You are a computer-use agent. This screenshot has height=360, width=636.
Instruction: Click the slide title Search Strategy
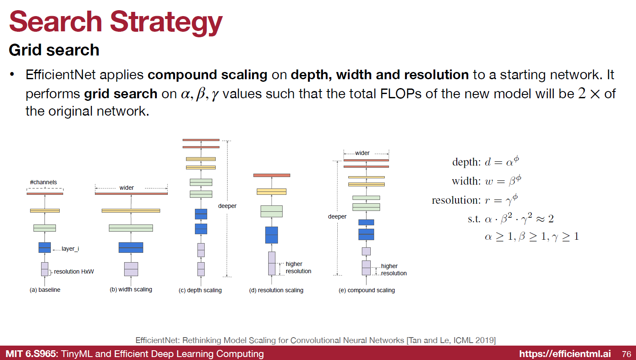coord(116,22)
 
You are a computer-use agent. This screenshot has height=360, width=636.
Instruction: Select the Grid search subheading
coord(54,50)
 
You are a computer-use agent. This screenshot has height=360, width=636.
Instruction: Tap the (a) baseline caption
coord(45,290)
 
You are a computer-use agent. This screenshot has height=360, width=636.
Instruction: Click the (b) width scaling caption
coord(131,290)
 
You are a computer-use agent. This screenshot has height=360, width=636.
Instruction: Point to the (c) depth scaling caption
coord(200,291)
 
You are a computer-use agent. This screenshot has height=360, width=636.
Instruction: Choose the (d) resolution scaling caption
coord(276,291)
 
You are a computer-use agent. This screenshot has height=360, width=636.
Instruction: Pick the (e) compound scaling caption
coord(367,291)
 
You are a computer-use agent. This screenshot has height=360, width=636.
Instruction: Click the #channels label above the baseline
coord(43,182)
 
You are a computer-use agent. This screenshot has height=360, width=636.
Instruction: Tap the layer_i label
coord(70,249)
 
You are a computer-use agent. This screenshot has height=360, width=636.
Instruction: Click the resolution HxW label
coord(74,272)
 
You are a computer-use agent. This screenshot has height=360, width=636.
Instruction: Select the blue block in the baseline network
coord(44,248)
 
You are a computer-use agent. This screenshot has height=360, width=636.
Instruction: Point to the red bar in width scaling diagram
coord(131,194)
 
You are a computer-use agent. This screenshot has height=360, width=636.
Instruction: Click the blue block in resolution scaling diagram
coord(272,235)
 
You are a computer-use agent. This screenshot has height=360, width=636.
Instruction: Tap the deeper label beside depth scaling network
coord(227,206)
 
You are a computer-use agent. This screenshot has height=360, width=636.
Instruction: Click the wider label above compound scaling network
coord(362,153)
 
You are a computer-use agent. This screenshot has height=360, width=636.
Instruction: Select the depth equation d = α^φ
coord(486,161)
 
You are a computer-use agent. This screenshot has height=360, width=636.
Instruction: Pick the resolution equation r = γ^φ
coord(475,199)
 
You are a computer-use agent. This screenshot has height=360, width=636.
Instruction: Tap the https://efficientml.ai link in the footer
coord(565,354)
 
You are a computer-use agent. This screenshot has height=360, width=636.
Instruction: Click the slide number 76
coord(626,354)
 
